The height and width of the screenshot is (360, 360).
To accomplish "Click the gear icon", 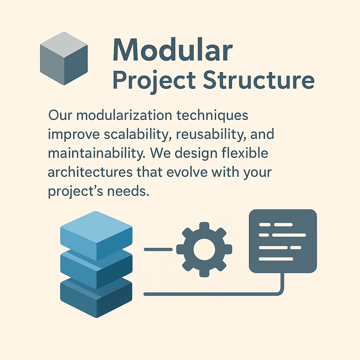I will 204,249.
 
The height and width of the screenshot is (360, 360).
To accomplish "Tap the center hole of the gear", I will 204,249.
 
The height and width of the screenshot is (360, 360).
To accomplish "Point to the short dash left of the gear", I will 158,249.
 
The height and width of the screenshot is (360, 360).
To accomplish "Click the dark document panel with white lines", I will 283,241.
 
